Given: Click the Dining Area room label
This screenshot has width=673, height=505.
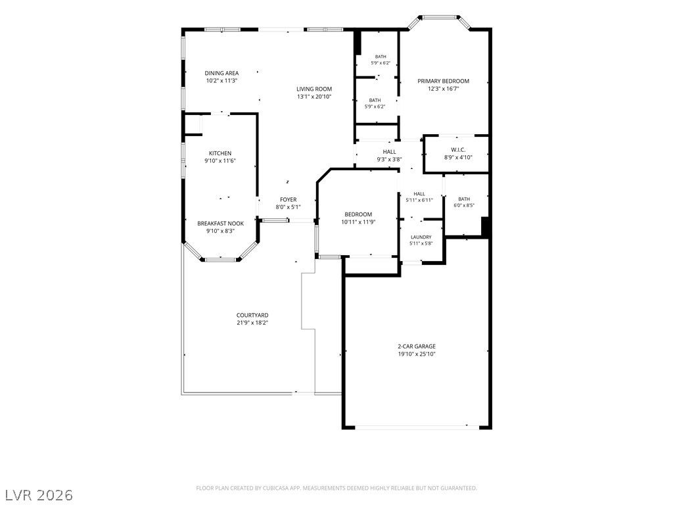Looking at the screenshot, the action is point(221,73).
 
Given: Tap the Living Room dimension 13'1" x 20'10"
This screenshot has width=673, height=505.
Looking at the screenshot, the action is point(314,97).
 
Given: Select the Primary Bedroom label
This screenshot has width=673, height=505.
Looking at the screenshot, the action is point(444,81).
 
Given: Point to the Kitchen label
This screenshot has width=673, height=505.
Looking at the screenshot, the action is point(220,153).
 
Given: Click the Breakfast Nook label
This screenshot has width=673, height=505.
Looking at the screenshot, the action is point(221,224).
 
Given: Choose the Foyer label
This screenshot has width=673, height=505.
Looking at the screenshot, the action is point(289,200).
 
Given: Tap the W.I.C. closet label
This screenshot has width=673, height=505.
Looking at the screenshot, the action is point(458,150).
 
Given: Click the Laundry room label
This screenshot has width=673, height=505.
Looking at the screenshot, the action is point(421,237).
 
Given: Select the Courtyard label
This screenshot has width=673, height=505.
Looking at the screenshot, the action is point(252,315).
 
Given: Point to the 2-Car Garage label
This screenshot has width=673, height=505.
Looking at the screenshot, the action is point(416,346).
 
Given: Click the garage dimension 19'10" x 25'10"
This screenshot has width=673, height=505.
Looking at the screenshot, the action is point(416,354).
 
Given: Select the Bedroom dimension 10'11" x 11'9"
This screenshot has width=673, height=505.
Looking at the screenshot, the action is point(358,222).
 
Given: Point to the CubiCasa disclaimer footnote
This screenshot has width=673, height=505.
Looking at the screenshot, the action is point(336,489).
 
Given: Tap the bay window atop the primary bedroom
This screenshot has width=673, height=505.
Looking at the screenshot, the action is point(439,18).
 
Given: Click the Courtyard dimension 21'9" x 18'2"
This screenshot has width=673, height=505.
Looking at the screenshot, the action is point(252,323).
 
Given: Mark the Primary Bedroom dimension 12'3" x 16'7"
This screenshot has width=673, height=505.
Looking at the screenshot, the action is point(444,89).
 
